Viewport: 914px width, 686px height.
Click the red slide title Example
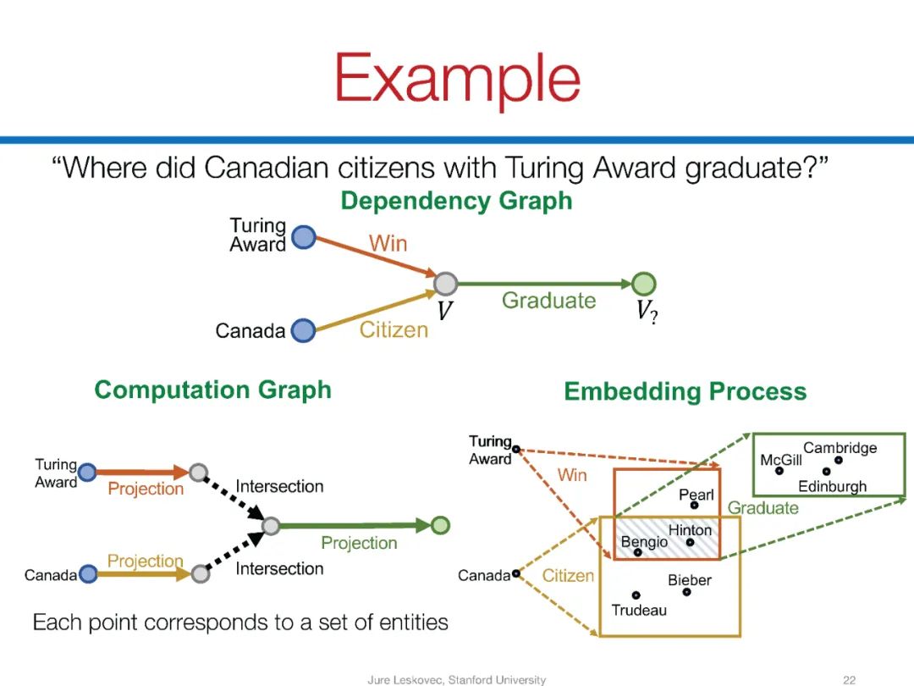[457, 78]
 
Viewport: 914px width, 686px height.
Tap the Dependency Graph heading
[456, 201]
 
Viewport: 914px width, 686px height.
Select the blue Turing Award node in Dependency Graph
[303, 238]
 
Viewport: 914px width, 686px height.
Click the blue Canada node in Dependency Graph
[303, 330]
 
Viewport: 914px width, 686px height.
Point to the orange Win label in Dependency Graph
[388, 244]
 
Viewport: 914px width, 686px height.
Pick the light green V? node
[644, 284]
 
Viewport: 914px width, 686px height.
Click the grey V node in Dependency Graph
[445, 284]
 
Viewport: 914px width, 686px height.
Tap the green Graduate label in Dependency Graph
[548, 301]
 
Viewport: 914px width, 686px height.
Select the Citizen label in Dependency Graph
[394, 329]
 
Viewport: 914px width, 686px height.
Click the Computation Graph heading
[212, 390]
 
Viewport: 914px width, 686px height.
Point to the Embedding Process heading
[685, 391]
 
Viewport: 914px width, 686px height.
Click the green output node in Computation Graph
[439, 526]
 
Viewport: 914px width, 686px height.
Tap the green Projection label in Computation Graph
[359, 543]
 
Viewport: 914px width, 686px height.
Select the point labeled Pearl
[694, 505]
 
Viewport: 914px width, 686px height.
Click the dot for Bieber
[686, 592]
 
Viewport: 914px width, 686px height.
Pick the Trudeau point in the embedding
[636, 595]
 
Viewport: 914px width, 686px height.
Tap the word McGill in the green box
[780, 460]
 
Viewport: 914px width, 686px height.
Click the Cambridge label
[840, 448]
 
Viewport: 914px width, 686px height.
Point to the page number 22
[850, 679]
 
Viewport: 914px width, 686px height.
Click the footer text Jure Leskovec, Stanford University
[456, 679]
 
